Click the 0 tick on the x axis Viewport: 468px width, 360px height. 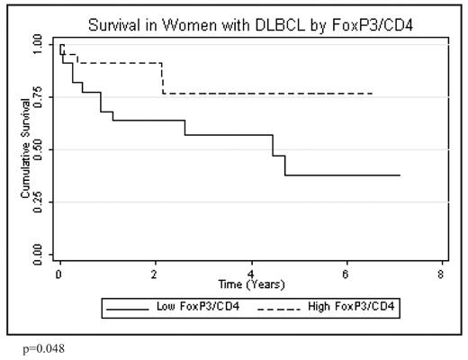coord(58,274)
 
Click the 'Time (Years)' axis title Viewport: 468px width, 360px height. coord(250,285)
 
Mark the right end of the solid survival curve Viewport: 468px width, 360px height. coord(399,175)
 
